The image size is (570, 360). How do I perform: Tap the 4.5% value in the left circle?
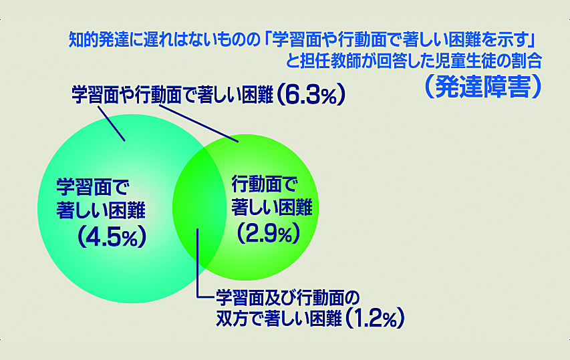coord(112,236)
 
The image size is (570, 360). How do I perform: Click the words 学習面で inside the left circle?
coord(93,187)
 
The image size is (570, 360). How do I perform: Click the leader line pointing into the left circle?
coord(111,123)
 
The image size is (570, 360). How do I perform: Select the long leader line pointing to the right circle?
coord(199,124)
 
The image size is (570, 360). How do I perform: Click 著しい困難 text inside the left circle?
coord(101,210)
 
